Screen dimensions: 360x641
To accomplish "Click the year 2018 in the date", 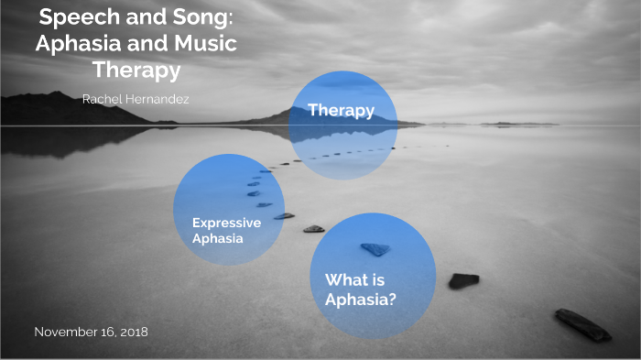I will (x=132, y=332).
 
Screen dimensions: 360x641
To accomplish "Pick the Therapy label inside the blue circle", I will (x=341, y=111).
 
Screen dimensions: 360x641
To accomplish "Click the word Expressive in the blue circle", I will (x=226, y=223).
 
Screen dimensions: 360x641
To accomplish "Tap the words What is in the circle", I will (x=352, y=280).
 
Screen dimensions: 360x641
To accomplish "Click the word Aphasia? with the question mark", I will (x=361, y=299).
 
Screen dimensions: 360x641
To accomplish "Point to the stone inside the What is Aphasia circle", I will (x=375, y=249).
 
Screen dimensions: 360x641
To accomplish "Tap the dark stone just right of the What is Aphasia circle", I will (x=463, y=280).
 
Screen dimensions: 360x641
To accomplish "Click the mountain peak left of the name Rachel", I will (x=57, y=95).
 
